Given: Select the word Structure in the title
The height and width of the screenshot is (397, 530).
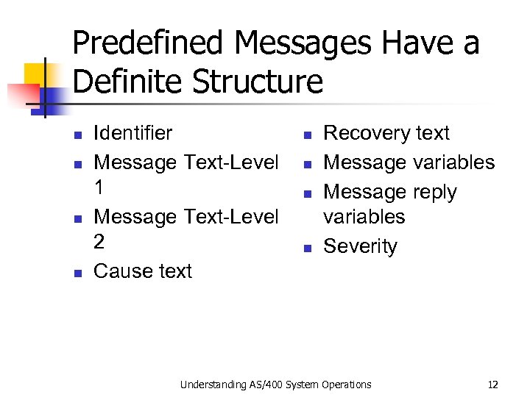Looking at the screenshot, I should (x=258, y=82).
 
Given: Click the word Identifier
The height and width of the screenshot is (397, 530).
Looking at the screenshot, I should (x=133, y=133).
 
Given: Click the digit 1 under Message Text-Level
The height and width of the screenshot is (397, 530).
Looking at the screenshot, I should (x=99, y=187).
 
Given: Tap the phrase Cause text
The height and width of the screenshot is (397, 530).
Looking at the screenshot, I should (x=143, y=271).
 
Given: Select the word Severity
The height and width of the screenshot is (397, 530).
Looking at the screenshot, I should (x=360, y=246).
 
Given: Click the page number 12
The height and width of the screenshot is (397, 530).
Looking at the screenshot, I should (x=493, y=384).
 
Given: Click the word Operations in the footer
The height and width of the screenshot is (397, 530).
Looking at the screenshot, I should (x=347, y=384).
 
